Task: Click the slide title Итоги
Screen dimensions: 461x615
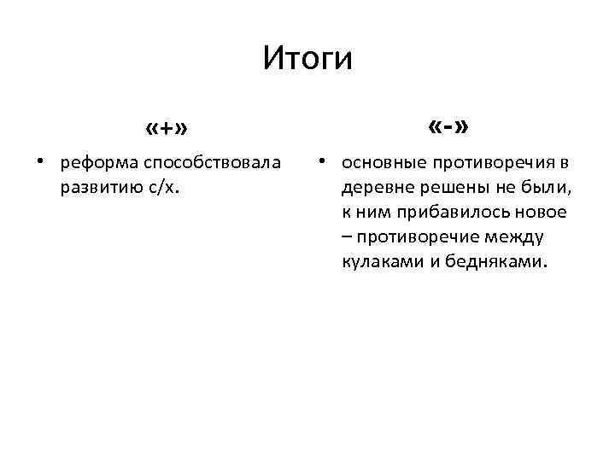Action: [x=307, y=59]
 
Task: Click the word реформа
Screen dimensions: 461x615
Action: [x=100, y=162]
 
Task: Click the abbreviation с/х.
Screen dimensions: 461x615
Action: [x=156, y=187]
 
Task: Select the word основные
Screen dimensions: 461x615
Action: [x=382, y=162]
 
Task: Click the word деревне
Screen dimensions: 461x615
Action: [x=375, y=187]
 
